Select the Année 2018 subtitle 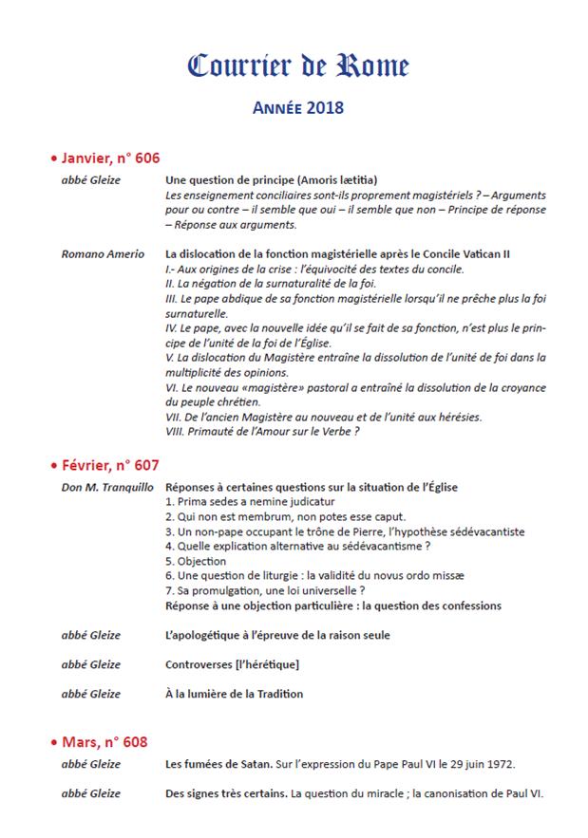click(x=298, y=108)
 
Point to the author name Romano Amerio click(x=103, y=254)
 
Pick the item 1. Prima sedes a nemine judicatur click(x=250, y=501)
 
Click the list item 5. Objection click(x=196, y=561)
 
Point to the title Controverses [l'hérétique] click(x=233, y=664)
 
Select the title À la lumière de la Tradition click(x=235, y=694)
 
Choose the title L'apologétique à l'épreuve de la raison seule click(x=277, y=634)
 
